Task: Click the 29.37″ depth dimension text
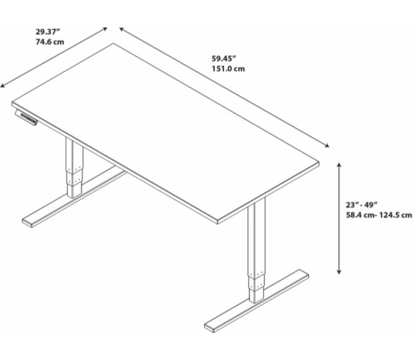(x=47, y=32)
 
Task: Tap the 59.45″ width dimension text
(x=224, y=58)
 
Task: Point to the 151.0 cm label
(x=228, y=69)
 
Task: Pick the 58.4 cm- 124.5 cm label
(x=379, y=215)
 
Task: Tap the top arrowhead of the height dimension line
(x=340, y=165)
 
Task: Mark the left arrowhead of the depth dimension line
(x=3, y=86)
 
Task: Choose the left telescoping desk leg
(x=74, y=169)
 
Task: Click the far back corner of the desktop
(x=114, y=43)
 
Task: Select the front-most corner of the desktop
(x=218, y=221)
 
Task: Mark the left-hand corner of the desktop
(x=11, y=102)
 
